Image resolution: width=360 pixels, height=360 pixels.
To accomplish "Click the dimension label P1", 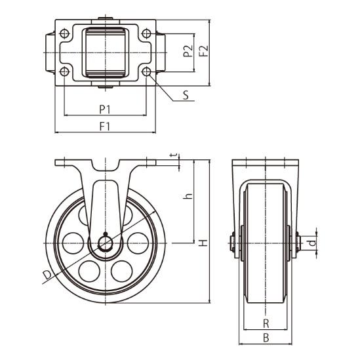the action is click(105, 110).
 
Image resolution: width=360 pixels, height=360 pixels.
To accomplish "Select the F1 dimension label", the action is click(105, 127).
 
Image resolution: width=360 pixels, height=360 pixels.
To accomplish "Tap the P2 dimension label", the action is click(188, 51).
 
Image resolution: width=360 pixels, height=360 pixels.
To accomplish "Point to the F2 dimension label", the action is click(204, 51).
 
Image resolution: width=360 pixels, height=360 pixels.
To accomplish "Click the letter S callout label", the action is click(186, 95).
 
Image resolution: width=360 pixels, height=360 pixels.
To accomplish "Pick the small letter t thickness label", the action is click(174, 155).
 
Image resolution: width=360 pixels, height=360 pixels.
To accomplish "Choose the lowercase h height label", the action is click(188, 196).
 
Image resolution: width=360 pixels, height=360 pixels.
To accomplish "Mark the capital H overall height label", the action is click(203, 243).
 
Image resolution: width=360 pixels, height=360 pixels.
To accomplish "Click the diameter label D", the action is click(47, 275).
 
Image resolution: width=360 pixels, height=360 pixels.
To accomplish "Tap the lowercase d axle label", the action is click(312, 243).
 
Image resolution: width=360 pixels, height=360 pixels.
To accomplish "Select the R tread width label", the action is click(266, 324).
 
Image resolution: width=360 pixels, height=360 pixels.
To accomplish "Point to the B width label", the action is click(266, 338).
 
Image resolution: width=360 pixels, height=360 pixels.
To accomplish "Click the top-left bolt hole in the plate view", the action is click(64, 33).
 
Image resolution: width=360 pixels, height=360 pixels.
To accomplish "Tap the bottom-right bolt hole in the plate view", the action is click(146, 72).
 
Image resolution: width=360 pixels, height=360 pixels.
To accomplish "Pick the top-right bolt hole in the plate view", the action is click(146, 33).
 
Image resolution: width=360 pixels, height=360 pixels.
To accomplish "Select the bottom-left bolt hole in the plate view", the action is click(64, 72).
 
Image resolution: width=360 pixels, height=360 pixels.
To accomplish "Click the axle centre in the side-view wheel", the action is click(106, 243).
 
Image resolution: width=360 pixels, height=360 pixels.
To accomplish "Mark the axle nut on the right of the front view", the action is click(298, 243).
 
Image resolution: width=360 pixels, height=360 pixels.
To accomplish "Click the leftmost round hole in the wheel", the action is click(73, 243).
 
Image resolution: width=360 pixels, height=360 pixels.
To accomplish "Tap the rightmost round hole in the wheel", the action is click(138, 243).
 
